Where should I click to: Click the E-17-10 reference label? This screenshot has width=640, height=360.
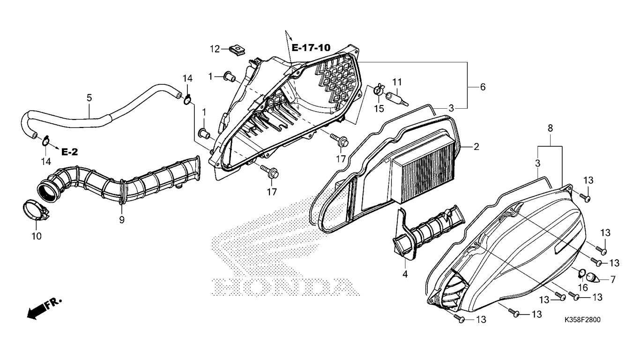pos(311,48)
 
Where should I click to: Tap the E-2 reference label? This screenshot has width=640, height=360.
pos(70,152)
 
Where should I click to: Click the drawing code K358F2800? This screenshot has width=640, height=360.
pos(582,319)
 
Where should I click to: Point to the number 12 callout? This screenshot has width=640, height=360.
pos(215,49)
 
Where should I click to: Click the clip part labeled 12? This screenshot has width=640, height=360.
pos(238,51)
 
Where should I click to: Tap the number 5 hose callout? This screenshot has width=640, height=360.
pos(89,98)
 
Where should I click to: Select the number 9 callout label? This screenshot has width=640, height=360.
pos(122,220)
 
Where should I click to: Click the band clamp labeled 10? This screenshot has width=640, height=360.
pos(36,211)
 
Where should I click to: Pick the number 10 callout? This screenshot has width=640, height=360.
pos(37,236)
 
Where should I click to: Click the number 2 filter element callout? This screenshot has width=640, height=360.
pos(476,147)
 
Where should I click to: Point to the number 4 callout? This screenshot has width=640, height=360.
pos(405,274)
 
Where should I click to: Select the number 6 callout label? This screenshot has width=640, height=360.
pos(483,87)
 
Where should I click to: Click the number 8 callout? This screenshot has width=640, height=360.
pos(550,128)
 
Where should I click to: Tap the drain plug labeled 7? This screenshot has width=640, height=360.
pos(593,278)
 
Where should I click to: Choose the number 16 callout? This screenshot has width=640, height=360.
pos(583,288)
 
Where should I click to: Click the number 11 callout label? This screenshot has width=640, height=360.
pos(397,82)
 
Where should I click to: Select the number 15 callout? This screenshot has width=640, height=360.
pos(379,109)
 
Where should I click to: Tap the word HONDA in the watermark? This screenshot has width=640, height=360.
pos(286,287)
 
